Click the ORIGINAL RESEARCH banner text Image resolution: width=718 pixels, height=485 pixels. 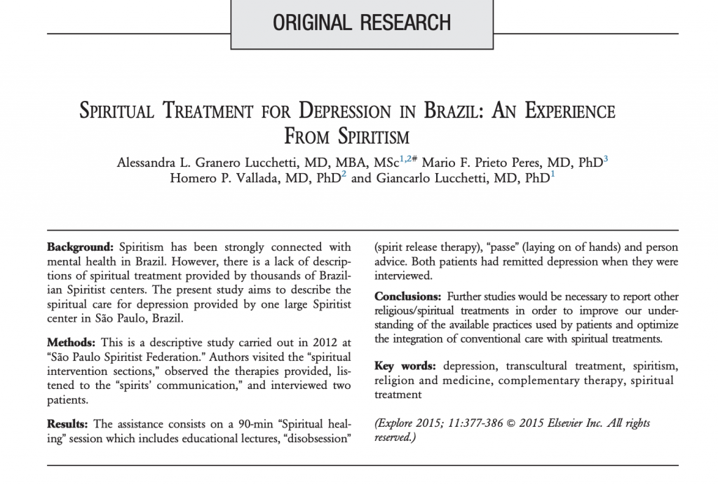pos(362,22)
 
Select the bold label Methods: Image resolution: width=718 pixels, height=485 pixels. pos(72,343)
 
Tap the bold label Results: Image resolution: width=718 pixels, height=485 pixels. pos(68,424)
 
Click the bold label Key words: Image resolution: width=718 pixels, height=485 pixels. pos(405,367)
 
